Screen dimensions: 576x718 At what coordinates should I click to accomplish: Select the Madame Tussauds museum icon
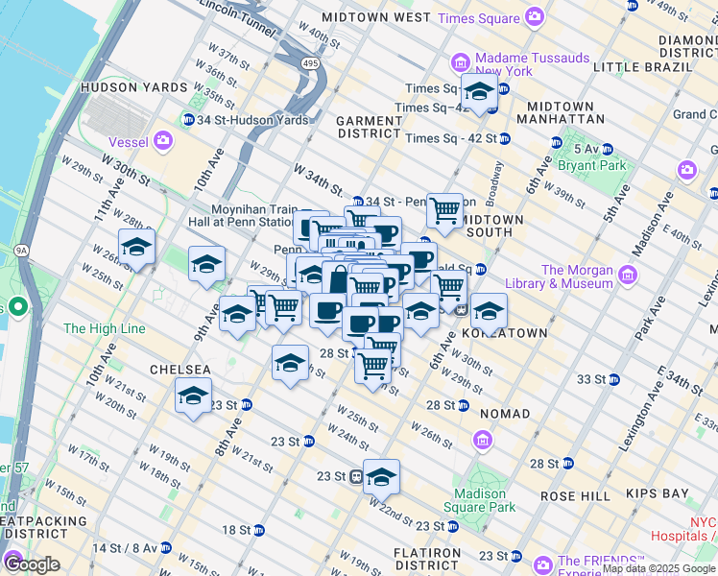click(x=461, y=63)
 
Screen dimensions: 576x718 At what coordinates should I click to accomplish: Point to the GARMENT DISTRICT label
click(x=370, y=127)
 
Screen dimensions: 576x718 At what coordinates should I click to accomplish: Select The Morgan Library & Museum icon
click(x=629, y=276)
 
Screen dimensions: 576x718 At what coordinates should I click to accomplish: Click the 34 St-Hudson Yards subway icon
click(x=188, y=120)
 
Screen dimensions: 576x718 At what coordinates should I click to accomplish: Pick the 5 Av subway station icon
click(x=556, y=143)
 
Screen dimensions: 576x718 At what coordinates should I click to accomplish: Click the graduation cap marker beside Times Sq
click(x=478, y=92)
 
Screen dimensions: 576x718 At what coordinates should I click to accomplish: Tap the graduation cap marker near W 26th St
click(x=136, y=247)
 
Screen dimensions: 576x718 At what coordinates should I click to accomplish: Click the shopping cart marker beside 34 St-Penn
click(x=443, y=208)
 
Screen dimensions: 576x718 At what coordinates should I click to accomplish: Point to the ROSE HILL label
click(x=575, y=495)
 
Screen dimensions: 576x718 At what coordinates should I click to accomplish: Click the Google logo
click(x=32, y=564)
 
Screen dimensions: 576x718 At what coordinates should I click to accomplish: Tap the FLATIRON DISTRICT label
click(x=429, y=559)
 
